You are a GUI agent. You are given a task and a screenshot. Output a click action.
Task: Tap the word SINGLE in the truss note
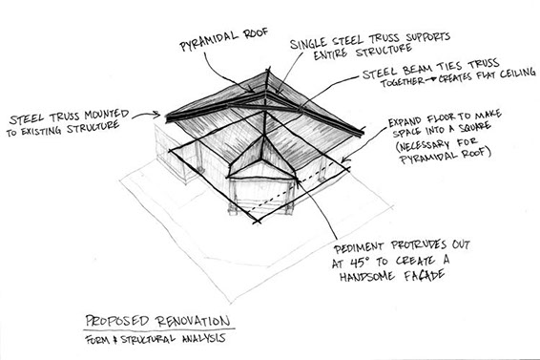(x=308, y=43)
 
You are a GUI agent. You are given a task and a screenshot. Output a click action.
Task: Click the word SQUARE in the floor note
(x=473, y=127)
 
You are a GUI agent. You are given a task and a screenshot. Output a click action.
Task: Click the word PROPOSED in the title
(x=116, y=321)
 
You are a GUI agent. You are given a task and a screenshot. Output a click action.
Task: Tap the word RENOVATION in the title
(x=193, y=321)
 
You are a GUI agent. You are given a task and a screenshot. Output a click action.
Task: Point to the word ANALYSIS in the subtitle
(x=204, y=338)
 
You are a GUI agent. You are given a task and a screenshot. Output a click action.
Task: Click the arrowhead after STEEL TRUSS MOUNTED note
(x=156, y=115)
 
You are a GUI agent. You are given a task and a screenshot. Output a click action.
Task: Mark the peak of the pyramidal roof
(x=267, y=71)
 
